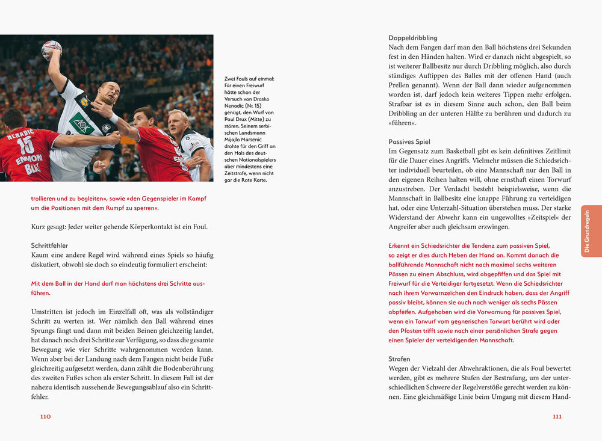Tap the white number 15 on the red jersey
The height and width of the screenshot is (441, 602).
click(x=25, y=145)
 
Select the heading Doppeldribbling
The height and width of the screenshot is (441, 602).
click(x=413, y=38)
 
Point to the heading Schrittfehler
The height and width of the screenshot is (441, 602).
click(x=49, y=245)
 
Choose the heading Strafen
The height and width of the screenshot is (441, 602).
click(x=399, y=359)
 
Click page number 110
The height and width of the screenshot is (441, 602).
click(x=45, y=416)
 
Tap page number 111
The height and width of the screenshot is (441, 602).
click(x=557, y=416)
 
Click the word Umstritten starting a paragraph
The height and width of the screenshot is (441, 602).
click(x=51, y=312)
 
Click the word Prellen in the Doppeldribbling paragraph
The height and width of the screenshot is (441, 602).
click(x=403, y=85)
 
